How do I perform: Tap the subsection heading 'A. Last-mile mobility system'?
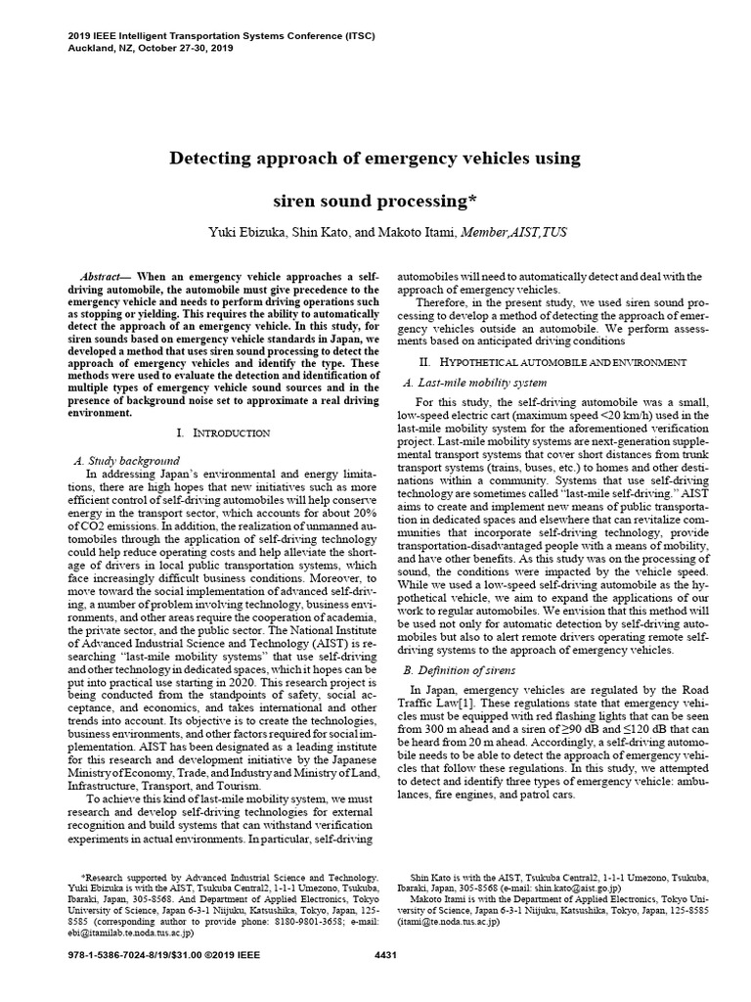click(475, 383)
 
